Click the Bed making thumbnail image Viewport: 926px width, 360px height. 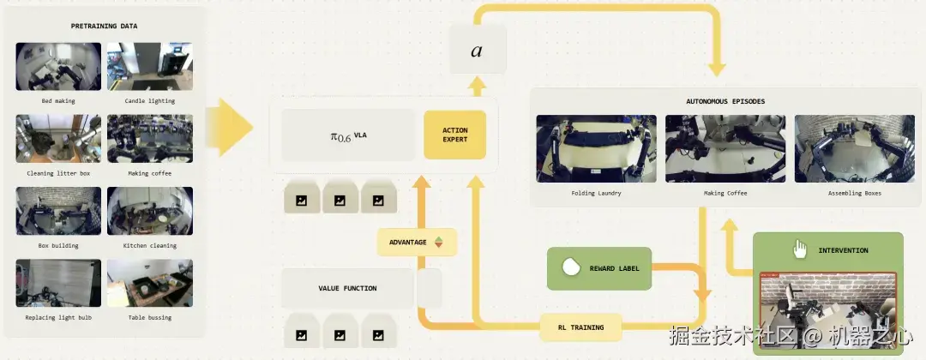[x=58, y=66]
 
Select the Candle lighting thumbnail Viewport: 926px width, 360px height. [x=150, y=66]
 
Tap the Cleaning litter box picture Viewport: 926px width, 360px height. [x=58, y=139]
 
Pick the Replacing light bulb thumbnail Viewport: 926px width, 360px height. [x=58, y=283]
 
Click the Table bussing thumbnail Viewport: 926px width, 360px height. [x=150, y=283]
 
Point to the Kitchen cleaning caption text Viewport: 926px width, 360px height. [x=149, y=245]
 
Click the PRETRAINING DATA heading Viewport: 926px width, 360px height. [x=104, y=26]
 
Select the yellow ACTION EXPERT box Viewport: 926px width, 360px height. [x=454, y=135]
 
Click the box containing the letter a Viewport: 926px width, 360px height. [x=478, y=50]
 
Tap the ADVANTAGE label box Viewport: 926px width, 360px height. [x=417, y=242]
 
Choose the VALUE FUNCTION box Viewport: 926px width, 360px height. [x=347, y=289]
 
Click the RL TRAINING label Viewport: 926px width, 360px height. [x=580, y=327]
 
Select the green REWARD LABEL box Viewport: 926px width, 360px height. [x=598, y=268]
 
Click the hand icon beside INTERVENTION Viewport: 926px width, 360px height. [x=800, y=249]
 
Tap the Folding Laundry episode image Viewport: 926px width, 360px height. [x=596, y=148]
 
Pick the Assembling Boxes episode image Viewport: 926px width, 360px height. [x=854, y=148]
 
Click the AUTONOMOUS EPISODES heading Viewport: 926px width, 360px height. [x=725, y=101]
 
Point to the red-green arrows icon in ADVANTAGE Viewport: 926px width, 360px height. [x=438, y=242]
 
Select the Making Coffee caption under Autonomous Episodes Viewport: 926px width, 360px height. [x=725, y=193]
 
